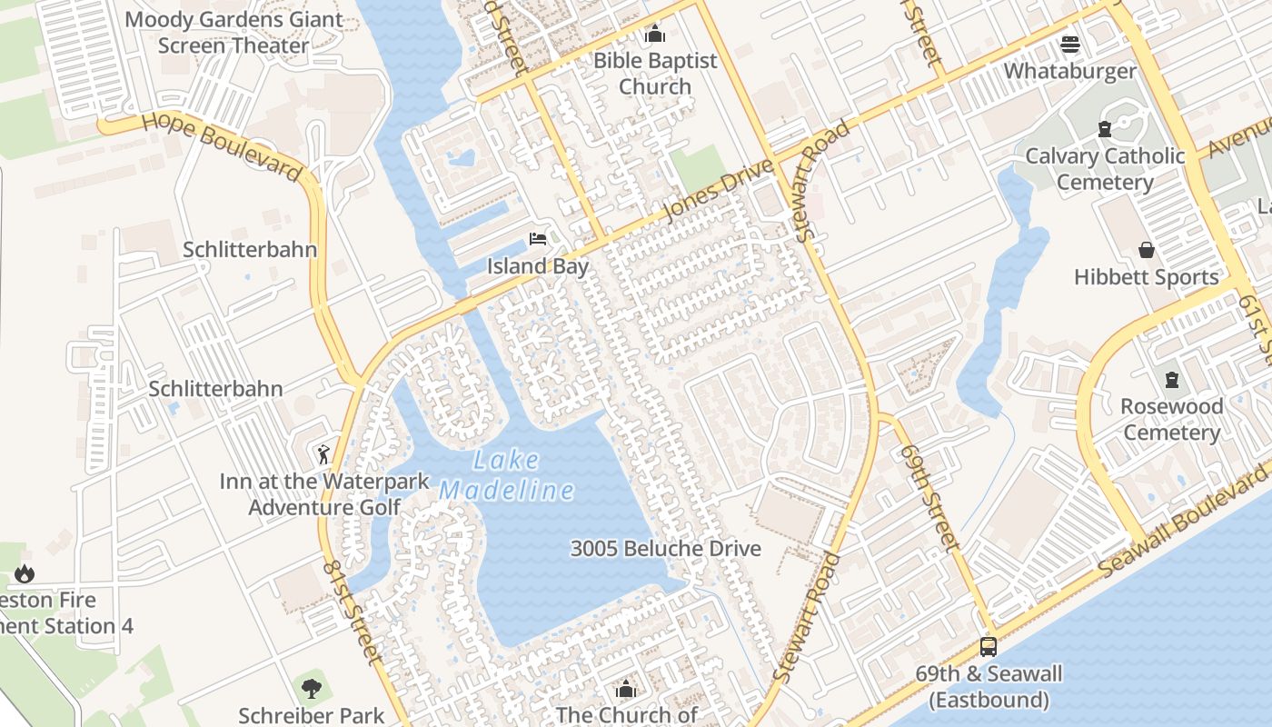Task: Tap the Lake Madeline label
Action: pyautogui.click(x=506, y=475)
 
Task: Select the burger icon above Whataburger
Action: pyautogui.click(x=1069, y=45)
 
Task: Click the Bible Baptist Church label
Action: pyautogui.click(x=655, y=74)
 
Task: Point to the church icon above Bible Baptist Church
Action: pyautogui.click(x=654, y=35)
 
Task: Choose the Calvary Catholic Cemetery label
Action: pyautogui.click(x=1105, y=169)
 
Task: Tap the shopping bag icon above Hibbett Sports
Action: pyautogui.click(x=1147, y=250)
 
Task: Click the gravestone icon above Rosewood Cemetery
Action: pyautogui.click(x=1171, y=379)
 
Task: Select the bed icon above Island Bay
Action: pyautogui.click(x=538, y=239)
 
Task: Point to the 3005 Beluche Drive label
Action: pyautogui.click(x=665, y=549)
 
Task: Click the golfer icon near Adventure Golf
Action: pyautogui.click(x=323, y=453)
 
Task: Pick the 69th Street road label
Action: pyautogui.click(x=926, y=497)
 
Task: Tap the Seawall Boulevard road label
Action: pyautogui.click(x=1185, y=523)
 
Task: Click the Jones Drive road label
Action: pyautogui.click(x=719, y=188)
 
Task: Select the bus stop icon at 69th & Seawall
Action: pyautogui.click(x=988, y=647)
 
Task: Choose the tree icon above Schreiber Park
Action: pyautogui.click(x=312, y=688)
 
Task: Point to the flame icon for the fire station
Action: pyautogui.click(x=24, y=573)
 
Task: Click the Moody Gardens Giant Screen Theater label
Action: pyautogui.click(x=234, y=32)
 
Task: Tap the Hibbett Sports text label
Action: pyautogui.click(x=1146, y=277)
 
